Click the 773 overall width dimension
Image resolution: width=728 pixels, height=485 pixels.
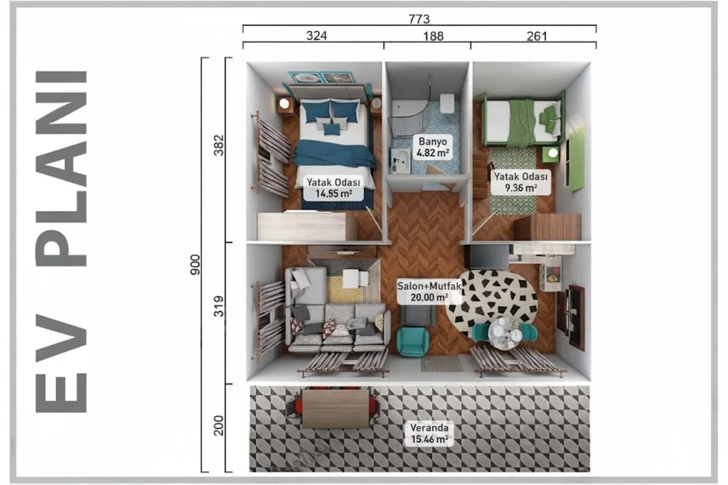pos(419,19)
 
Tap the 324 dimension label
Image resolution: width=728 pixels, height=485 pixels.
pos(316,36)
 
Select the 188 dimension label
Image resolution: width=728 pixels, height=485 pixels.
pos(433,36)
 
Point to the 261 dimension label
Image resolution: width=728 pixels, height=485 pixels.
pos(537,36)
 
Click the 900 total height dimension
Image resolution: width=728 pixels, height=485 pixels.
pos(195,265)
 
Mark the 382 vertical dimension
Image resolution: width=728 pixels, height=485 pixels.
pos(219,145)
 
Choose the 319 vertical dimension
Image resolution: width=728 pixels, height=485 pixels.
pos(219,307)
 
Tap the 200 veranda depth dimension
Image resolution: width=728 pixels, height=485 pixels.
pos(219,425)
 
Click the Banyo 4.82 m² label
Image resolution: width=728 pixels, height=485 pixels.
pos(433,147)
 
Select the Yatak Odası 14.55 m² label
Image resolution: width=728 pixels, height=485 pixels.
pos(333,187)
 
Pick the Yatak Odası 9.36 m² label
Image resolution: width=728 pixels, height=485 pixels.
pos(520,182)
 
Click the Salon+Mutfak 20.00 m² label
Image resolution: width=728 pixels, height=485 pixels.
pos(429,292)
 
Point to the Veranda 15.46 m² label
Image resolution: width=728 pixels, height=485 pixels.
pos(429,433)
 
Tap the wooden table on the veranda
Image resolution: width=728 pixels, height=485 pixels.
pos(336,408)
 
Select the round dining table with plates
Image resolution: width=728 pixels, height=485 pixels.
pos(505,333)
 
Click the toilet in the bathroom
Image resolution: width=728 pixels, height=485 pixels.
pos(447,103)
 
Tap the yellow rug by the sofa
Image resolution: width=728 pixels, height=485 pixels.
pos(344,289)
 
